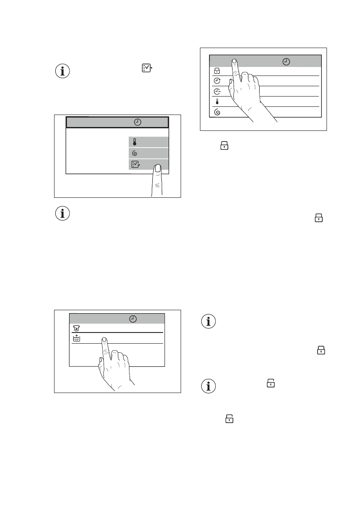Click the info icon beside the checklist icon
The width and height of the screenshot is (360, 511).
[63, 71]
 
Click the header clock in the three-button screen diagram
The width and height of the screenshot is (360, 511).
[137, 122]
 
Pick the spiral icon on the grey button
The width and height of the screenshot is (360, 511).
[135, 153]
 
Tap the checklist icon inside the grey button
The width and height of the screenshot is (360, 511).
[135, 164]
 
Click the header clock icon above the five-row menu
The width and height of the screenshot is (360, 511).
[286, 61]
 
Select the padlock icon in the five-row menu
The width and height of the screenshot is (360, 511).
[217, 71]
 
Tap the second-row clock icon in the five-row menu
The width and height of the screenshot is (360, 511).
[217, 82]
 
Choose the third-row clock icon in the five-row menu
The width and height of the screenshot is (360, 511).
[217, 92]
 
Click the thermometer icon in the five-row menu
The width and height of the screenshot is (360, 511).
[217, 102]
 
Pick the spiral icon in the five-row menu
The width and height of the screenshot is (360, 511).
[217, 112]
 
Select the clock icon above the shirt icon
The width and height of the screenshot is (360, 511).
[133, 319]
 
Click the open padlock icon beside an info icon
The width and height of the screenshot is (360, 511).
[271, 384]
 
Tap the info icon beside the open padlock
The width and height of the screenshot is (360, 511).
[209, 387]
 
